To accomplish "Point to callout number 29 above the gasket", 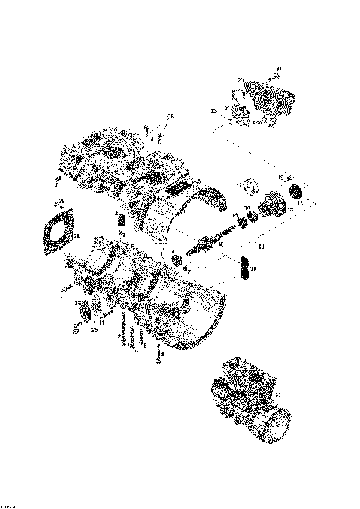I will (61, 201).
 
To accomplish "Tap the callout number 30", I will (254, 268).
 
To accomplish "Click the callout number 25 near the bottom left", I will (94, 328).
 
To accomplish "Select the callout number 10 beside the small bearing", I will (171, 251).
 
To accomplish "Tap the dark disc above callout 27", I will (84, 312).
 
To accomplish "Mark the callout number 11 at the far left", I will (63, 295).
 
